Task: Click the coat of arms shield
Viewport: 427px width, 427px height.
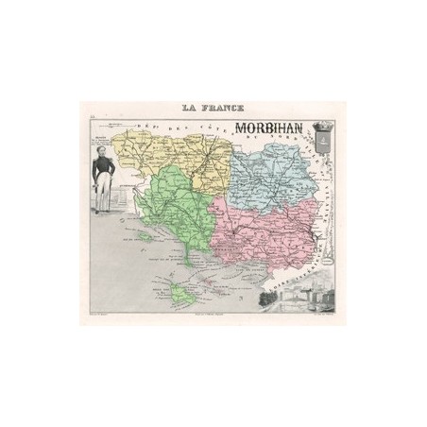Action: pos(321,144)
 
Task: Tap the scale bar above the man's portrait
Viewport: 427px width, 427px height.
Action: pos(115,123)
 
